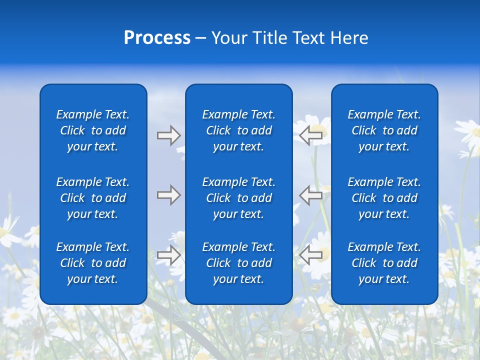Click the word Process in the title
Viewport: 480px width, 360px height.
pyautogui.click(x=157, y=38)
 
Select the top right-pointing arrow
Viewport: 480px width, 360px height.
pyautogui.click(x=168, y=135)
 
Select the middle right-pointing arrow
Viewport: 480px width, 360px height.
pyautogui.click(x=168, y=195)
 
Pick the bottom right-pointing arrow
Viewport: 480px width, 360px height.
pyautogui.click(x=168, y=255)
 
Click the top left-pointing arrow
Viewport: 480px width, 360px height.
pyautogui.click(x=310, y=135)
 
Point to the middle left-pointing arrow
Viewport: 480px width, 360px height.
pyautogui.click(x=310, y=195)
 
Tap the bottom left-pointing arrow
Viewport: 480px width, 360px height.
pyautogui.click(x=310, y=255)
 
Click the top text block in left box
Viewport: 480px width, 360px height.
pyautogui.click(x=93, y=130)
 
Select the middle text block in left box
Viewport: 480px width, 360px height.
pyautogui.click(x=93, y=198)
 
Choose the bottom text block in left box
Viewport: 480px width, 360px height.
pyautogui.click(x=93, y=263)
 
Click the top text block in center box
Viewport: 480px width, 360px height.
pyautogui.click(x=238, y=130)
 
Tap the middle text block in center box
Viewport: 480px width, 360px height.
pyautogui.click(x=238, y=198)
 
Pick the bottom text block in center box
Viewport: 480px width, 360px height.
pyautogui.click(x=238, y=263)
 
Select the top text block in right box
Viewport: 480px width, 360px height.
pyautogui.click(x=384, y=130)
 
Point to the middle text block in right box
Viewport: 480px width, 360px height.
pyautogui.click(x=384, y=198)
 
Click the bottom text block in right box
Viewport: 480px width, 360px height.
pyautogui.click(x=384, y=263)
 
